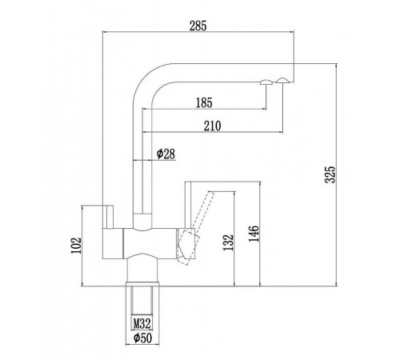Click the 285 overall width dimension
[x=198, y=26]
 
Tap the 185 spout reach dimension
[x=204, y=103]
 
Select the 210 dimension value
[x=213, y=126]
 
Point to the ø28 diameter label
[x=166, y=154]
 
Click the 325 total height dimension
[x=330, y=174]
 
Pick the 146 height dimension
[x=254, y=234]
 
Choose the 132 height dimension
[x=228, y=242]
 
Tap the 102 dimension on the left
[x=76, y=246]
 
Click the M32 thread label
[x=142, y=323]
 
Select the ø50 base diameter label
[x=142, y=338]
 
